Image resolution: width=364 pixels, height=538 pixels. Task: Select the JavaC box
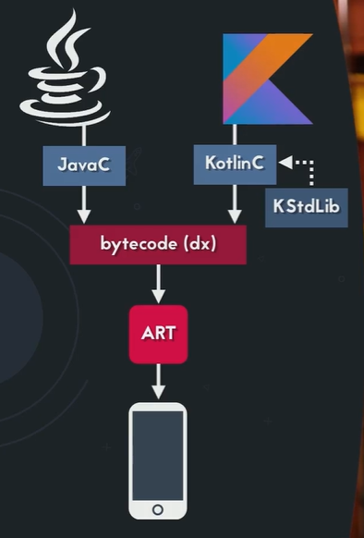pyautogui.click(x=83, y=164)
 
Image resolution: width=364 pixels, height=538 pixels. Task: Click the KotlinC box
pyautogui.click(x=235, y=163)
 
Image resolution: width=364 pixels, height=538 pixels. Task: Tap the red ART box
pyautogui.click(x=159, y=334)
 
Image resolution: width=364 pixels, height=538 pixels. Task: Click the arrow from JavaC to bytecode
pyautogui.click(x=83, y=203)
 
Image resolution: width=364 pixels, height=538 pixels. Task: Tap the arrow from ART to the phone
pyautogui.click(x=159, y=381)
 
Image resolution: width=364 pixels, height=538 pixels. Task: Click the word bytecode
pyautogui.click(x=139, y=244)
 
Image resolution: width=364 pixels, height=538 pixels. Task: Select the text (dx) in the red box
pyautogui.click(x=200, y=244)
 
